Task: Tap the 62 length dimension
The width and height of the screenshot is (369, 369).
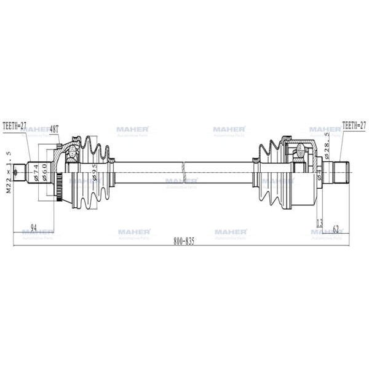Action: pyautogui.click(x=336, y=229)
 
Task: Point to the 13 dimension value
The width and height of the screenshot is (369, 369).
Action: pyautogui.click(x=319, y=222)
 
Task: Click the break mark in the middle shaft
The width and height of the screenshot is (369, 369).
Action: pyautogui.click(x=184, y=167)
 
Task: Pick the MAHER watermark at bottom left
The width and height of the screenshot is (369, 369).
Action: pyautogui.click(x=38, y=232)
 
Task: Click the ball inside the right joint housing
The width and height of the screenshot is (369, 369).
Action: pyautogui.click(x=300, y=147)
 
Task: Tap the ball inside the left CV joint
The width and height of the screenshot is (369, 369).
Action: pyautogui.click(x=73, y=151)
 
